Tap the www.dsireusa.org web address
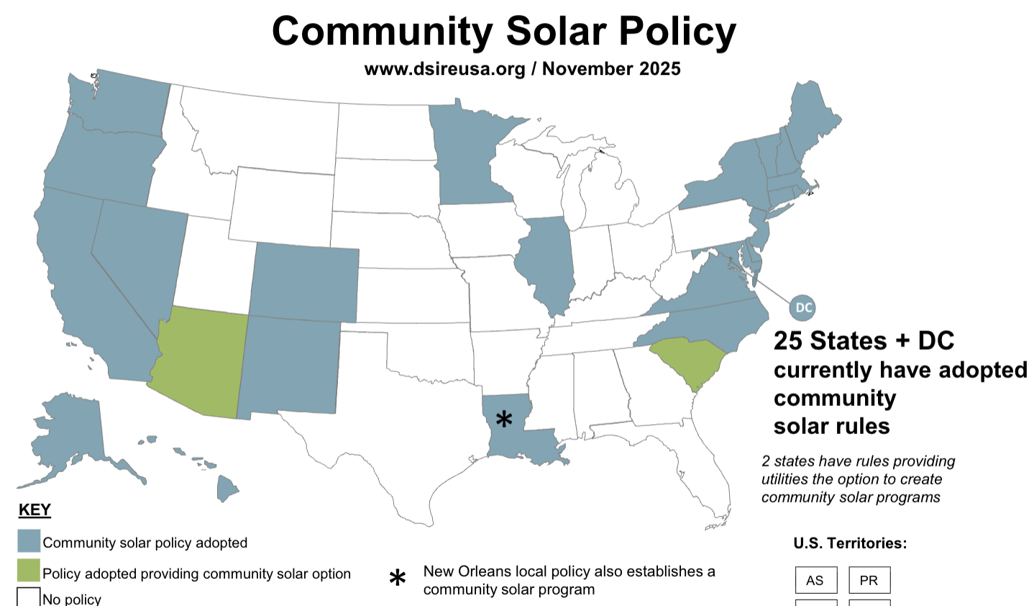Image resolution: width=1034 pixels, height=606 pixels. [444, 69]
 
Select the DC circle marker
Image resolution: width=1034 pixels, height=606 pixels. [802, 308]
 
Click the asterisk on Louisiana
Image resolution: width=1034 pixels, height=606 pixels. [505, 419]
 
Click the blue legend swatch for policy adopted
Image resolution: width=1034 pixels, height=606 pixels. [29, 541]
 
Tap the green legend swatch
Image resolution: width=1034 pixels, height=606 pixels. [29, 571]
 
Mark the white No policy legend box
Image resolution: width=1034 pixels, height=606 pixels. [29, 597]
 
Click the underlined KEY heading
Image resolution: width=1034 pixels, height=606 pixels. [35, 510]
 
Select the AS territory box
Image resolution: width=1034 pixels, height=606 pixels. [815, 580]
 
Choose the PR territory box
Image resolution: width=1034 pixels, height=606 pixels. [869, 580]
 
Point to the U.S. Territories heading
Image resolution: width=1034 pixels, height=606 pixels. [850, 543]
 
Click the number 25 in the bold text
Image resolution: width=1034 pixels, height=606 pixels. [788, 341]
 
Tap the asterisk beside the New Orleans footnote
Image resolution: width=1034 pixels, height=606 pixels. [397, 579]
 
